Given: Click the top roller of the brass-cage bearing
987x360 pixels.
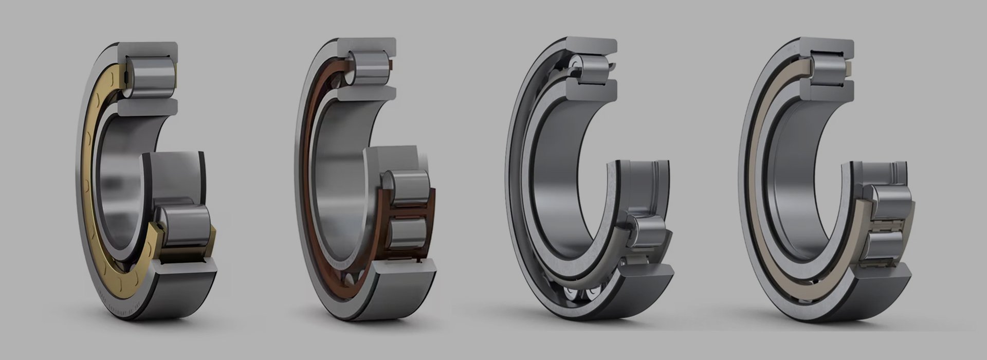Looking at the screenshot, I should click(x=152, y=77).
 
